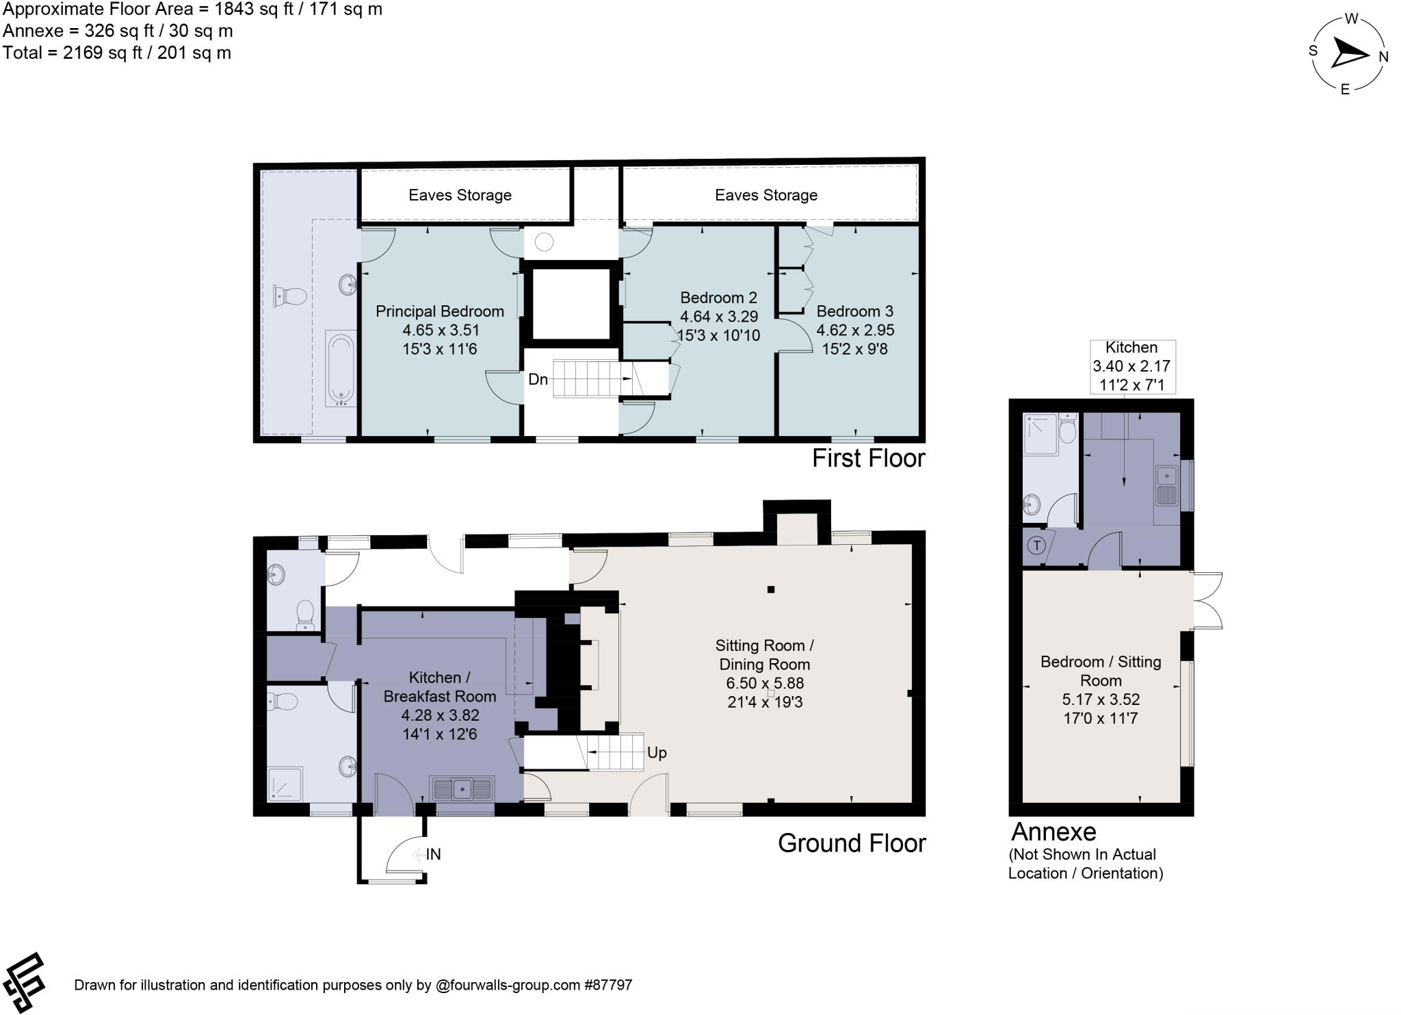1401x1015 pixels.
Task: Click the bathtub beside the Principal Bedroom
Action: (340, 369)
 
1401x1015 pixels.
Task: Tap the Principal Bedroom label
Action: (439, 311)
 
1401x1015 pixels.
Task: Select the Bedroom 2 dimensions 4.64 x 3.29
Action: (718, 317)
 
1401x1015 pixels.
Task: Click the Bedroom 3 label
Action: (854, 311)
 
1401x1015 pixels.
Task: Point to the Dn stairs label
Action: (538, 379)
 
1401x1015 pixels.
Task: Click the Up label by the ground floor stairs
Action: (656, 753)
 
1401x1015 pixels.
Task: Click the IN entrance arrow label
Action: (432, 854)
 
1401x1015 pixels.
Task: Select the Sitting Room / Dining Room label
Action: (764, 654)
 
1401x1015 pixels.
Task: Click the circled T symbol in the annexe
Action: (1037, 545)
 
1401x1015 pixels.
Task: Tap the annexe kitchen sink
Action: (1165, 485)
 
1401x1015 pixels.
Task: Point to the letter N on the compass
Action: (1383, 57)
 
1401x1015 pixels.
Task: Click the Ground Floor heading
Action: (851, 843)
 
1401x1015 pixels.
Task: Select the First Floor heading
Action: (868, 458)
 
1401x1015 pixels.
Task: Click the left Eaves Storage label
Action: (460, 195)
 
